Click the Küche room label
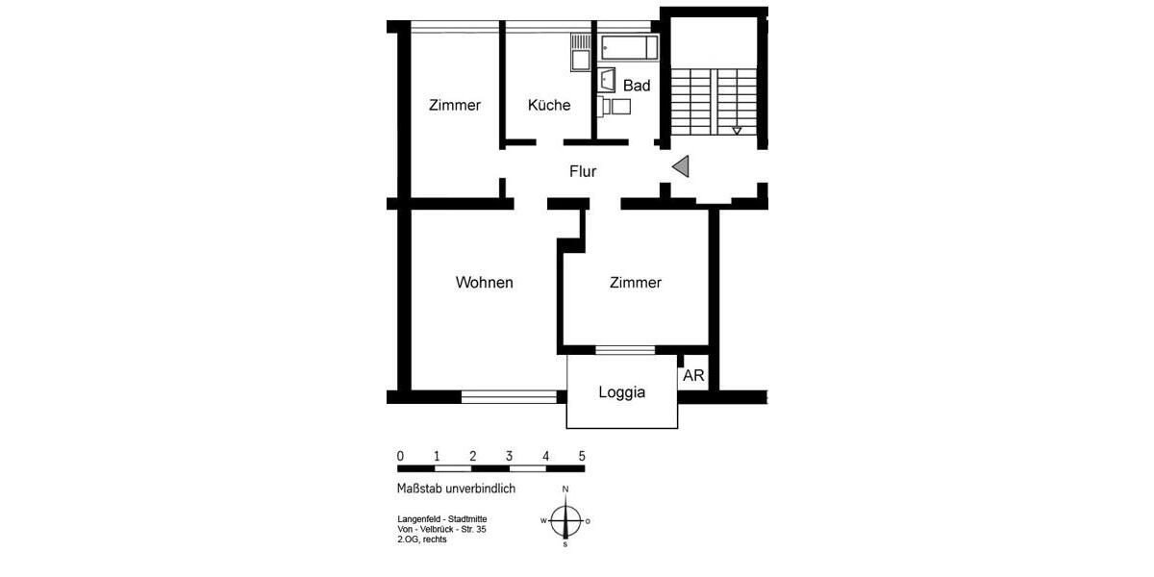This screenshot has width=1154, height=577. pos(549,106)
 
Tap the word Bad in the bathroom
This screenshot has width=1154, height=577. pos(637,86)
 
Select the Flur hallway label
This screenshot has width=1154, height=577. pos(583,172)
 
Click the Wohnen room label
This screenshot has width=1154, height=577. pos(484,283)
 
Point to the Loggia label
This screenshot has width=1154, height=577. pos(621,392)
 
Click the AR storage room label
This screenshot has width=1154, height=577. pos(693,377)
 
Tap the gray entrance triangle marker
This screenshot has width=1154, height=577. pos(681,167)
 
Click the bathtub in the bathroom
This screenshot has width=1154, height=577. pos(628,47)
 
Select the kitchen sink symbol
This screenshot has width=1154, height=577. pos(579,54)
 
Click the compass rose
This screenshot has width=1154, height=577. pos(565,520)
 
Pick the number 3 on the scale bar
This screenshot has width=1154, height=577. pos(509,456)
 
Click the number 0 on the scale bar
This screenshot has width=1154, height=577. pos(400,456)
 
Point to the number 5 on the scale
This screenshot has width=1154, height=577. pos(582,456)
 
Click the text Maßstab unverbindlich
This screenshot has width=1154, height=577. pos(456,489)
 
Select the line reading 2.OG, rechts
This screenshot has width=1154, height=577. pos(421,539)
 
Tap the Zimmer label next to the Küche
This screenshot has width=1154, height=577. pos(455,106)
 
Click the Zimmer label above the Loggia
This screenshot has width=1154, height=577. pos(636,283)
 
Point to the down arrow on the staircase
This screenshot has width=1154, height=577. pos(737,130)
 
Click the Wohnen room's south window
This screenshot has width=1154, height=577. pos(509,396)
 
